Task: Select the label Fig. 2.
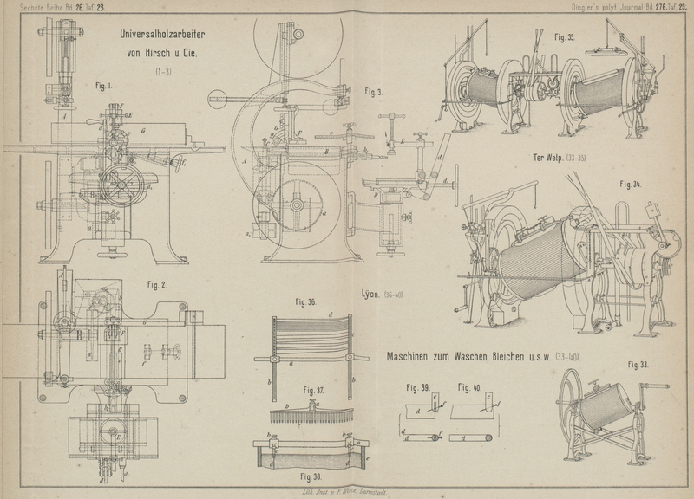pyautogui.click(x=158, y=284)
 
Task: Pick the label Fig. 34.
pyautogui.click(x=631, y=185)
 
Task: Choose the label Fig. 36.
pyautogui.click(x=305, y=303)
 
